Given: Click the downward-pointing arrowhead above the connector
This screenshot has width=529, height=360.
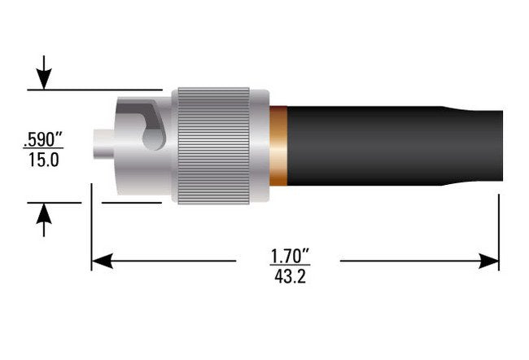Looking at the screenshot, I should tap(44, 80).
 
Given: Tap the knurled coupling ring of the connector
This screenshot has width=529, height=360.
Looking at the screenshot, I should tap(213, 144).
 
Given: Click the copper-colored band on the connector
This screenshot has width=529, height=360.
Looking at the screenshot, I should tap(278, 144).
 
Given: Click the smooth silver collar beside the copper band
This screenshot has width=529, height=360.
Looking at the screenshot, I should tap(260, 144).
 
